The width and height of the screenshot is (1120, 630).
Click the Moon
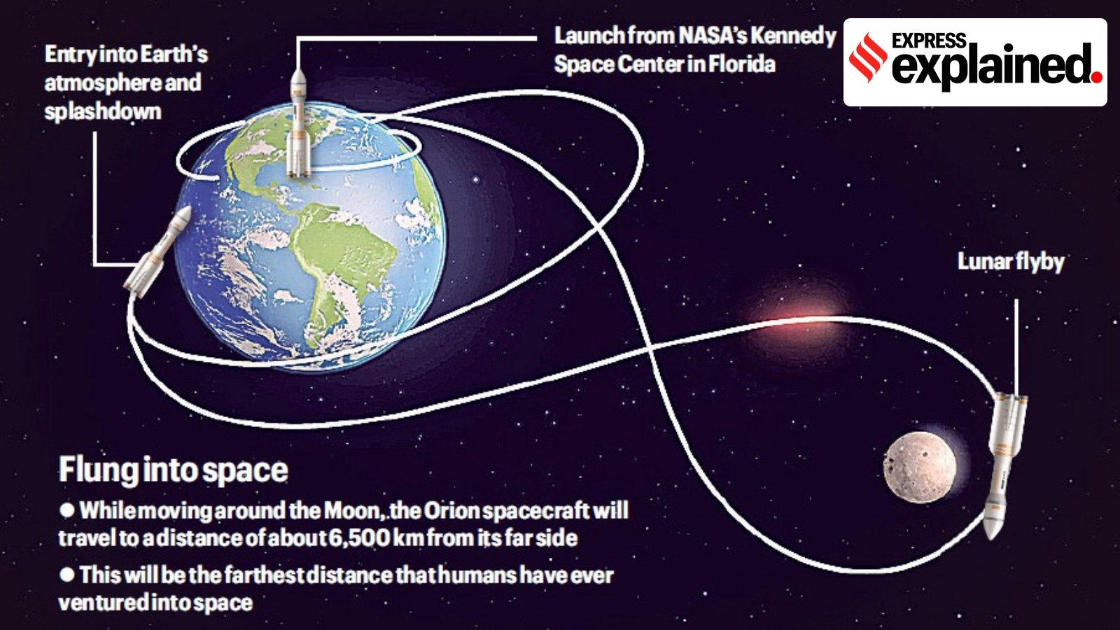click(920, 467)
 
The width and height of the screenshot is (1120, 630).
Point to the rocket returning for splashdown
click(157, 251)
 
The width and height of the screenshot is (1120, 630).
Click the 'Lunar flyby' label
click(1011, 262)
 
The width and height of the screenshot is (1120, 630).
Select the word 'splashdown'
click(103, 111)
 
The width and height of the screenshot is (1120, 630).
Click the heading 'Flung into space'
click(174, 470)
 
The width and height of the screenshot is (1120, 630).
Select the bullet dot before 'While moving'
click(67, 510)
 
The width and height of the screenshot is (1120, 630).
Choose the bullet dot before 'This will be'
click(67, 575)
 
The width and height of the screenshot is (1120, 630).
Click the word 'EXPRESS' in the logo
click(930, 40)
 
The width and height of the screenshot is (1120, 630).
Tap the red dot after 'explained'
click(1097, 78)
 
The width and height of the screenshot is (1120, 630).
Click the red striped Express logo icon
click(869, 57)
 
